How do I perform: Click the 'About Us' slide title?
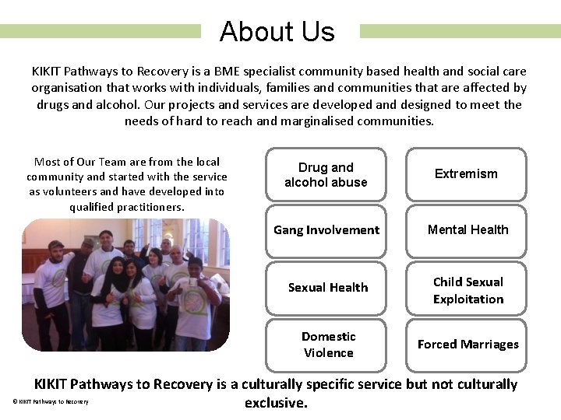(277, 32)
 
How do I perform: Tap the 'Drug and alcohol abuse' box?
(326, 174)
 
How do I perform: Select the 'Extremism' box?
(466, 174)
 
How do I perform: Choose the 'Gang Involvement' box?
(326, 230)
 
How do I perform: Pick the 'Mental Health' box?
(466, 230)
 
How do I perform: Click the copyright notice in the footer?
(51, 402)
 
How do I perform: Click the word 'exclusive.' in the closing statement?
(276, 403)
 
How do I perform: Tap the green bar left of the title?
(100, 31)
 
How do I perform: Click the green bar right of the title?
(460, 31)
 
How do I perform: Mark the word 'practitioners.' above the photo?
(148, 207)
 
